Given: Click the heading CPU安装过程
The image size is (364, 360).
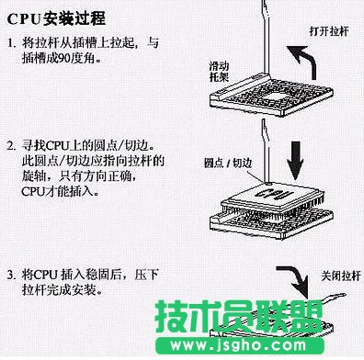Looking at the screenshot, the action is click(x=56, y=18).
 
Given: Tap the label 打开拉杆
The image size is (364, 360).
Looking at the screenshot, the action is click(x=329, y=31).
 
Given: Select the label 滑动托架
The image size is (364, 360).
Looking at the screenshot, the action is click(x=219, y=72).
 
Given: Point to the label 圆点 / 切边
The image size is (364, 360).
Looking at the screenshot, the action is click(x=228, y=163).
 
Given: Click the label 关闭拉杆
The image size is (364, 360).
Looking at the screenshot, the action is click(x=341, y=276).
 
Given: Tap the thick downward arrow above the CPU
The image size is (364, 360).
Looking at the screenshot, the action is click(x=296, y=160).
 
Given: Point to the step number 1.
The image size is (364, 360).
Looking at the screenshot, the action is click(x=11, y=43).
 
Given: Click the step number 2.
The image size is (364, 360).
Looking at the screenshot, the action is click(x=11, y=146).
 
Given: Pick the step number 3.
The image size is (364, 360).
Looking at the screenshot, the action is click(x=11, y=275).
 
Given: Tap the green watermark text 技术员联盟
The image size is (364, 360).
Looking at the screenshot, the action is click(x=239, y=316).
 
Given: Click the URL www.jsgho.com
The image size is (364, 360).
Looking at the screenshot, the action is click(x=238, y=346).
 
